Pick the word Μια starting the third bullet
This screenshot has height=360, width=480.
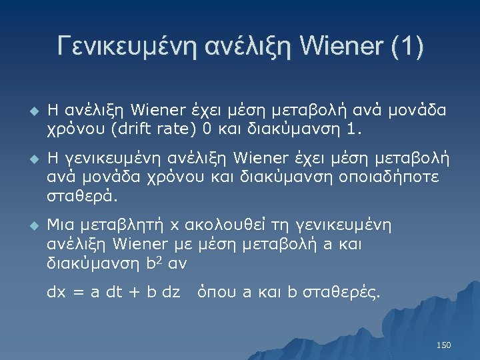pyautogui.click(x=60, y=225)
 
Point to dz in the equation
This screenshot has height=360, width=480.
pyautogui.click(x=171, y=291)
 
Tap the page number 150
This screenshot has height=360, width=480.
pyautogui.click(x=443, y=345)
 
